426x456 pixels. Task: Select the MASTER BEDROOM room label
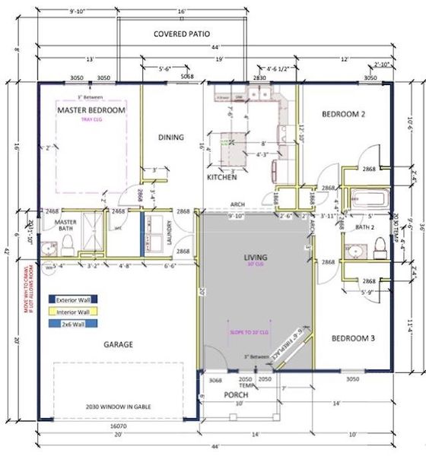point(91,110)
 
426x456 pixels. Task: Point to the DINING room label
point(170,138)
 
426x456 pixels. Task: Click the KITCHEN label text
point(222,177)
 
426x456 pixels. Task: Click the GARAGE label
point(118,344)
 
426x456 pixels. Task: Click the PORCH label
point(235,395)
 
